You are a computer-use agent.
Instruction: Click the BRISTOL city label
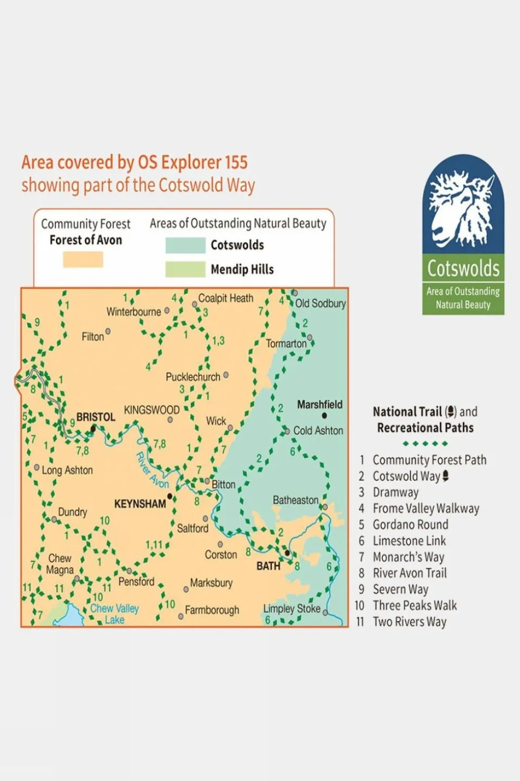tap(96, 417)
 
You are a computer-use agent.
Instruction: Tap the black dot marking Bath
tap(287, 553)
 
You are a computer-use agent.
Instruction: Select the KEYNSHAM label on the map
tap(140, 504)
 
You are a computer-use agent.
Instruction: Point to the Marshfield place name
tap(320, 404)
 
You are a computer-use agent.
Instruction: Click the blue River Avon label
tap(152, 470)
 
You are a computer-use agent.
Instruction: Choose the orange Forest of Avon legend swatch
tap(83, 259)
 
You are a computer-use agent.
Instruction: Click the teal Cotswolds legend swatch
tap(185, 245)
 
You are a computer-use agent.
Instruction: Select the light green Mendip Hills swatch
tap(185, 270)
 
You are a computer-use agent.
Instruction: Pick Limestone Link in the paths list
tap(409, 541)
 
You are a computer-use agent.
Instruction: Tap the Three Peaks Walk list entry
tap(414, 606)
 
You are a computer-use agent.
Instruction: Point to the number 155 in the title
tap(236, 162)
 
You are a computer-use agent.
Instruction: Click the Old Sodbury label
tap(320, 303)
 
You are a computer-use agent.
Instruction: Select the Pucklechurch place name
tap(193, 377)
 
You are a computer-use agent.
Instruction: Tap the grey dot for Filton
tap(108, 331)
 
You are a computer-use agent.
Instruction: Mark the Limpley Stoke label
tap(292, 609)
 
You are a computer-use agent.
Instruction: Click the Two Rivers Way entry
tap(409, 621)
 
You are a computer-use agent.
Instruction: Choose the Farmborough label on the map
tap(212, 610)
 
